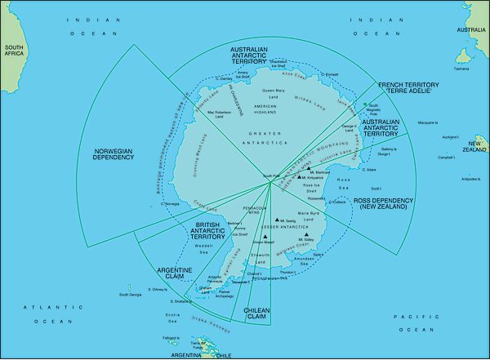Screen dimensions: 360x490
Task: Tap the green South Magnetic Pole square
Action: tap(365, 107)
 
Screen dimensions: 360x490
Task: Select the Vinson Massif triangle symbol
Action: tap(266, 238)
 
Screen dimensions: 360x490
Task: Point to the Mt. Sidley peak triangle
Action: tap(306, 234)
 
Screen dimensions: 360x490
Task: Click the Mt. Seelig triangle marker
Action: tap(278, 219)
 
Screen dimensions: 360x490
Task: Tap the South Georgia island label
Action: tap(131, 295)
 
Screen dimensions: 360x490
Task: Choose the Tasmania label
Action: tap(461, 69)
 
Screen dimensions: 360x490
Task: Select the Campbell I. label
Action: tap(446, 156)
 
